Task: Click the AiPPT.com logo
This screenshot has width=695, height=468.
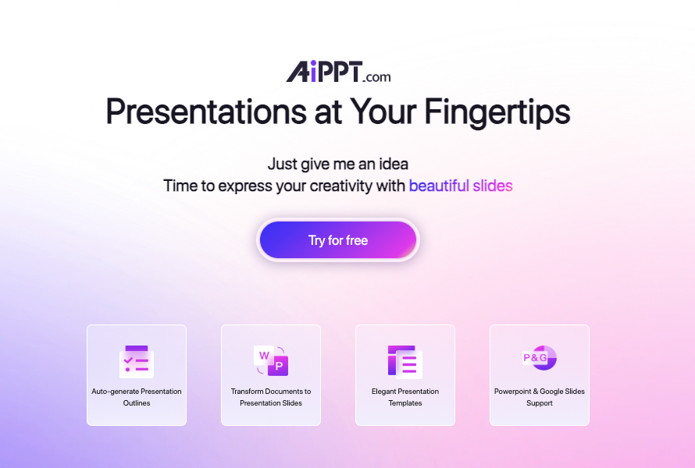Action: (338, 72)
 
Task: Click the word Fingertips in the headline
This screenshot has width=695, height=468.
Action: (497, 112)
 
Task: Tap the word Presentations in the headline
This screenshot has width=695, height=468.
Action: (206, 112)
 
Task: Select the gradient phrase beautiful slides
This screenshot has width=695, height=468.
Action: (461, 186)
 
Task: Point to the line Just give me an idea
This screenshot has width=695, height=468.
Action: (338, 165)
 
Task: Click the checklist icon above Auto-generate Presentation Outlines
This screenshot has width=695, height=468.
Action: (137, 362)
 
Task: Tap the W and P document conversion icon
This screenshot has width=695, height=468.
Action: (271, 360)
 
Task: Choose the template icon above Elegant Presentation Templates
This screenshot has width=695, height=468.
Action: (405, 362)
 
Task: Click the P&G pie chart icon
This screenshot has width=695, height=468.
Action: (540, 358)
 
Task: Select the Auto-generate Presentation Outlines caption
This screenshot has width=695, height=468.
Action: (137, 397)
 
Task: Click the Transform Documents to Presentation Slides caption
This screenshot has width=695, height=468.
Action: (271, 397)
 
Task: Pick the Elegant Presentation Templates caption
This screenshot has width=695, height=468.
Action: (405, 397)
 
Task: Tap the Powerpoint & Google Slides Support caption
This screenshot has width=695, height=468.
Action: (540, 397)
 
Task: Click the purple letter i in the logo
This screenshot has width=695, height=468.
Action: (313, 72)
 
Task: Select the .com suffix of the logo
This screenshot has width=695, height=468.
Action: (376, 77)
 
